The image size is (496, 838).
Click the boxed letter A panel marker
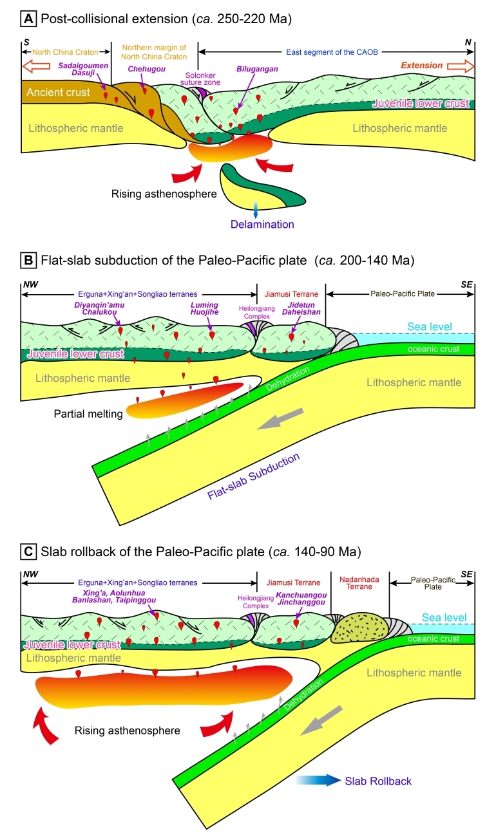pos(28,19)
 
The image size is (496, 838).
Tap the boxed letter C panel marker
pos(28,552)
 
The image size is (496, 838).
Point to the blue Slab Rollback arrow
pos(319,781)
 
